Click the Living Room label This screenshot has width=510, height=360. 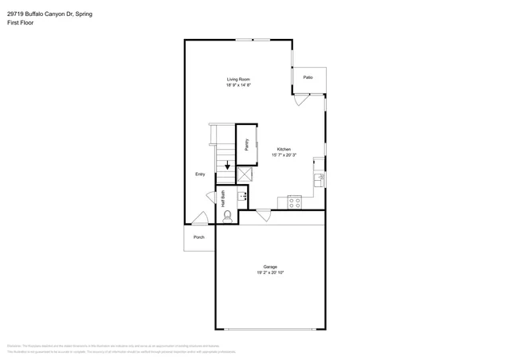[x=238, y=80]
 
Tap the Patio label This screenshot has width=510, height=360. [x=308, y=77]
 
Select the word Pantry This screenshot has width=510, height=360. [x=247, y=144]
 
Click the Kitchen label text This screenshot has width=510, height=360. [x=284, y=150]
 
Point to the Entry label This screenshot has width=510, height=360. [x=200, y=174]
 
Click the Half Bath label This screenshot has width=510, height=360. [x=224, y=199]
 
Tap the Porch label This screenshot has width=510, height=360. [x=199, y=237]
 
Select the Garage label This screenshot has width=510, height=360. [x=270, y=267]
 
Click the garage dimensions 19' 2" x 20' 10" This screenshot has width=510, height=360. [x=270, y=273]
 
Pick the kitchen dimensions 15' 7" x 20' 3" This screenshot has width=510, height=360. [x=284, y=156]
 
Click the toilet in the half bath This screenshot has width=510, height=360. [x=228, y=215]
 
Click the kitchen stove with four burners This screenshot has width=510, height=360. [x=293, y=202]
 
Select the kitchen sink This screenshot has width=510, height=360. [x=318, y=180]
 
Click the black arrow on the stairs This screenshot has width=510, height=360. [x=226, y=167]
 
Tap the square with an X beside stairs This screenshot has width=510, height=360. [x=245, y=173]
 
